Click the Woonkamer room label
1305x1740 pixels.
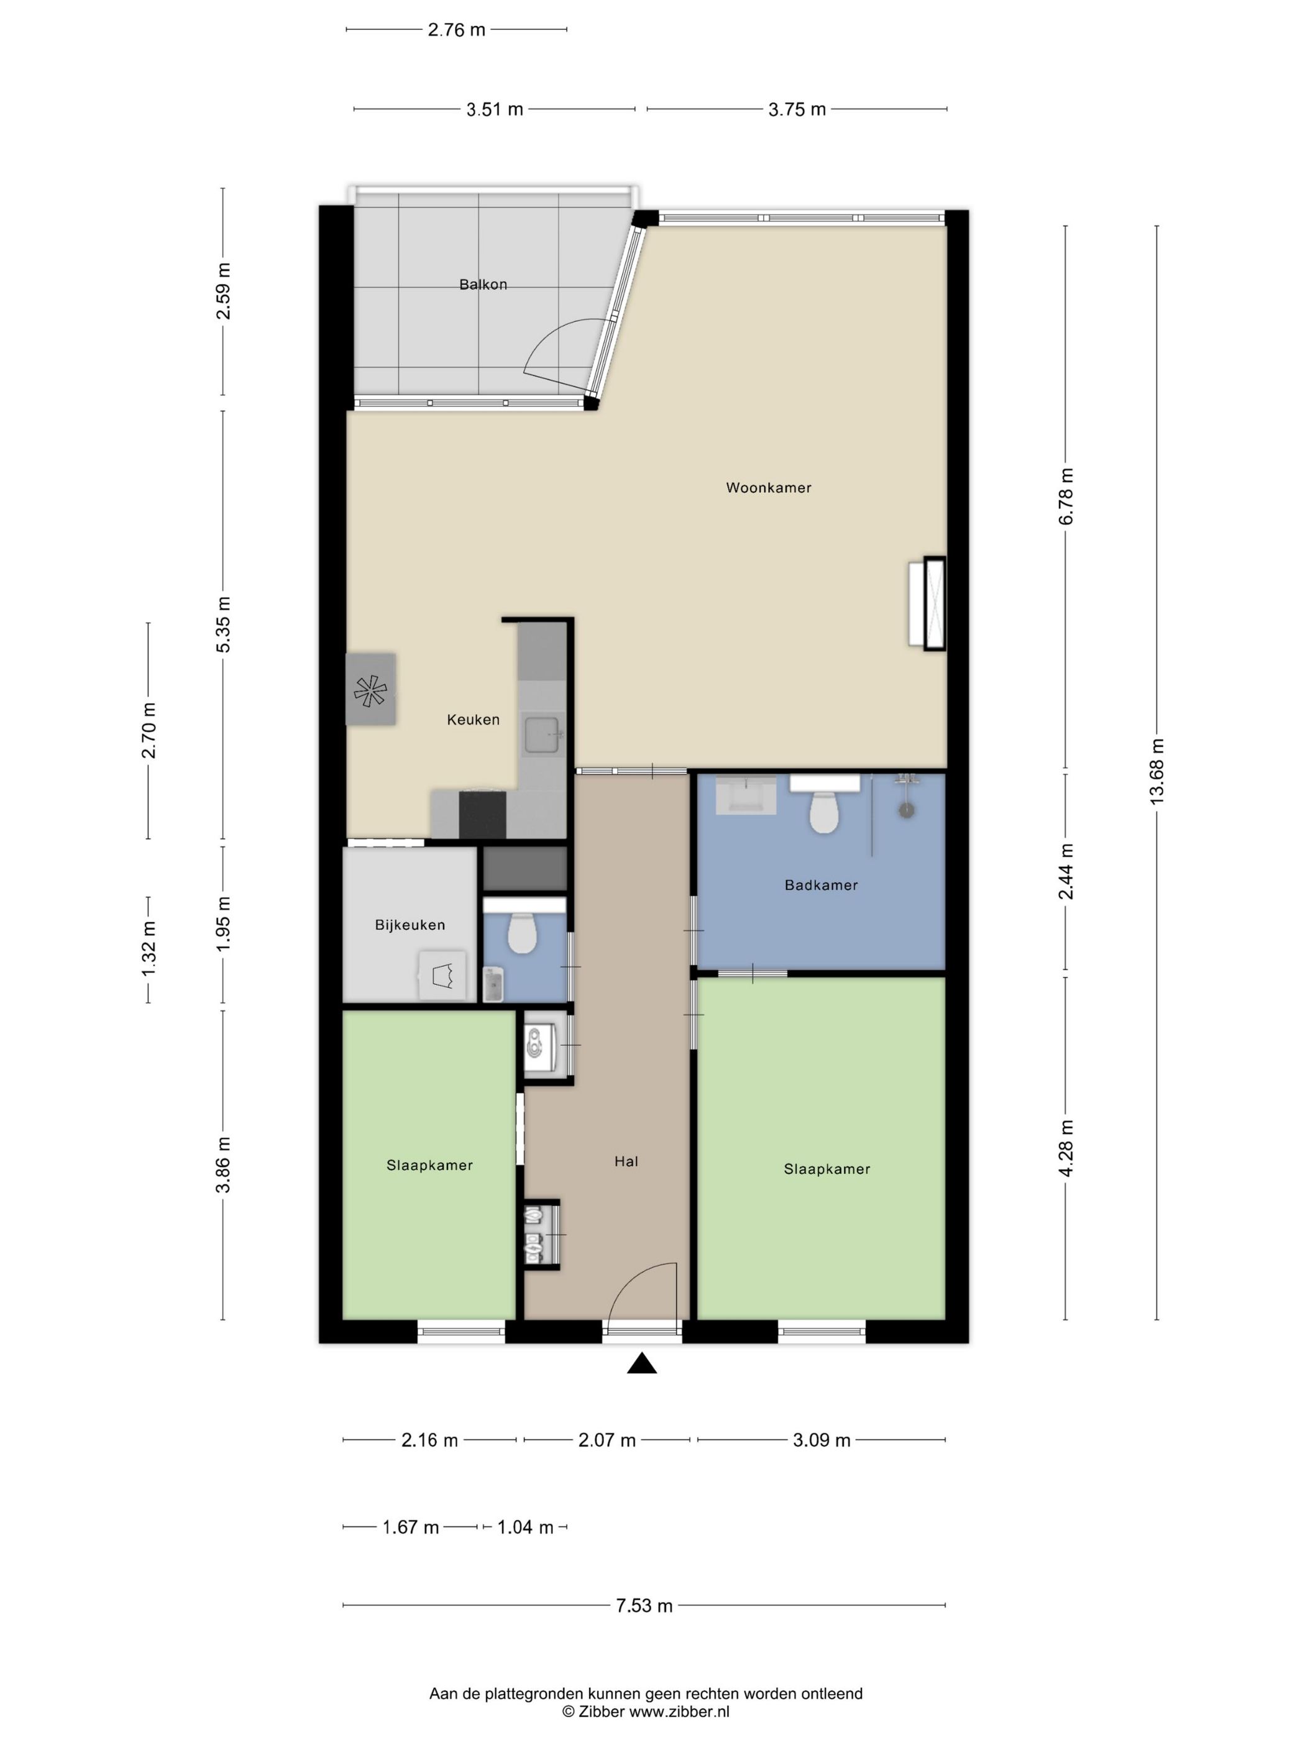coord(767,488)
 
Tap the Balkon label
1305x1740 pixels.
coord(483,285)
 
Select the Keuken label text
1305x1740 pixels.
coord(473,719)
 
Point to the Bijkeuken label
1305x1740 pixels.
coord(410,925)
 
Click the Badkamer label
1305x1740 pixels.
coord(820,885)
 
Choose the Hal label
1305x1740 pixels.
coord(626,1161)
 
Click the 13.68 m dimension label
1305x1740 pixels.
coord(1156,772)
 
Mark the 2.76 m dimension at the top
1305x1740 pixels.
coord(456,30)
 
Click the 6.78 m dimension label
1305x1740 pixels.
coord(1066,497)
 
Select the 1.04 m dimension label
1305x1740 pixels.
coord(526,1527)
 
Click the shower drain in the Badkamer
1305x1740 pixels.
coord(907,810)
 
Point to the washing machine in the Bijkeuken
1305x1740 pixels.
coord(442,976)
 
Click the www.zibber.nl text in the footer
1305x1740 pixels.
coord(679,1711)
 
